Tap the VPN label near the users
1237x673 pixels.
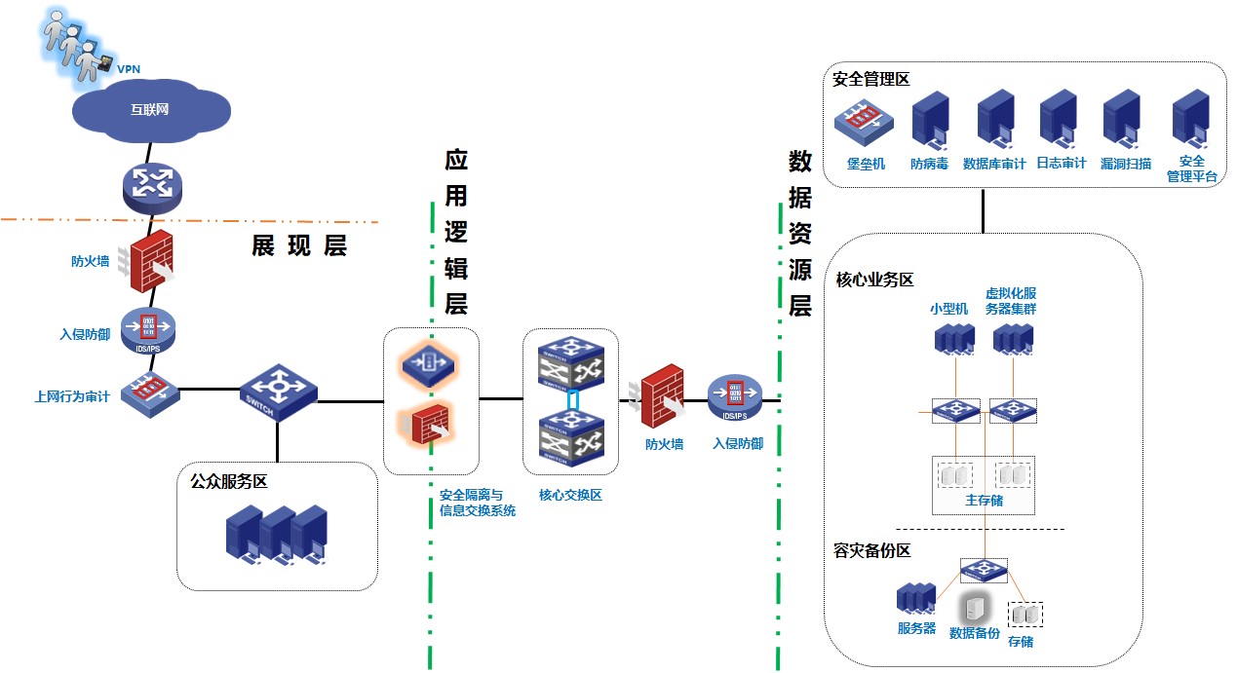(x=129, y=70)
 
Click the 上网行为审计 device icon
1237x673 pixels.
(x=150, y=392)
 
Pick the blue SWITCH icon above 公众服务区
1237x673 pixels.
(x=278, y=391)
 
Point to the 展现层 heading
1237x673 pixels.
(x=299, y=246)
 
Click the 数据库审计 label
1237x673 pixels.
(x=994, y=165)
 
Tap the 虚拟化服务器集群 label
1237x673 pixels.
(x=1011, y=301)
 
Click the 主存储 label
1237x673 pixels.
(x=984, y=501)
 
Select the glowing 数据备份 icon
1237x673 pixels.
(x=975, y=609)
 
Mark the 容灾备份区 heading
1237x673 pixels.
(x=872, y=551)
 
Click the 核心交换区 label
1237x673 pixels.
(x=570, y=495)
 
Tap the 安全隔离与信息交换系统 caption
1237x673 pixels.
(x=478, y=503)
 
